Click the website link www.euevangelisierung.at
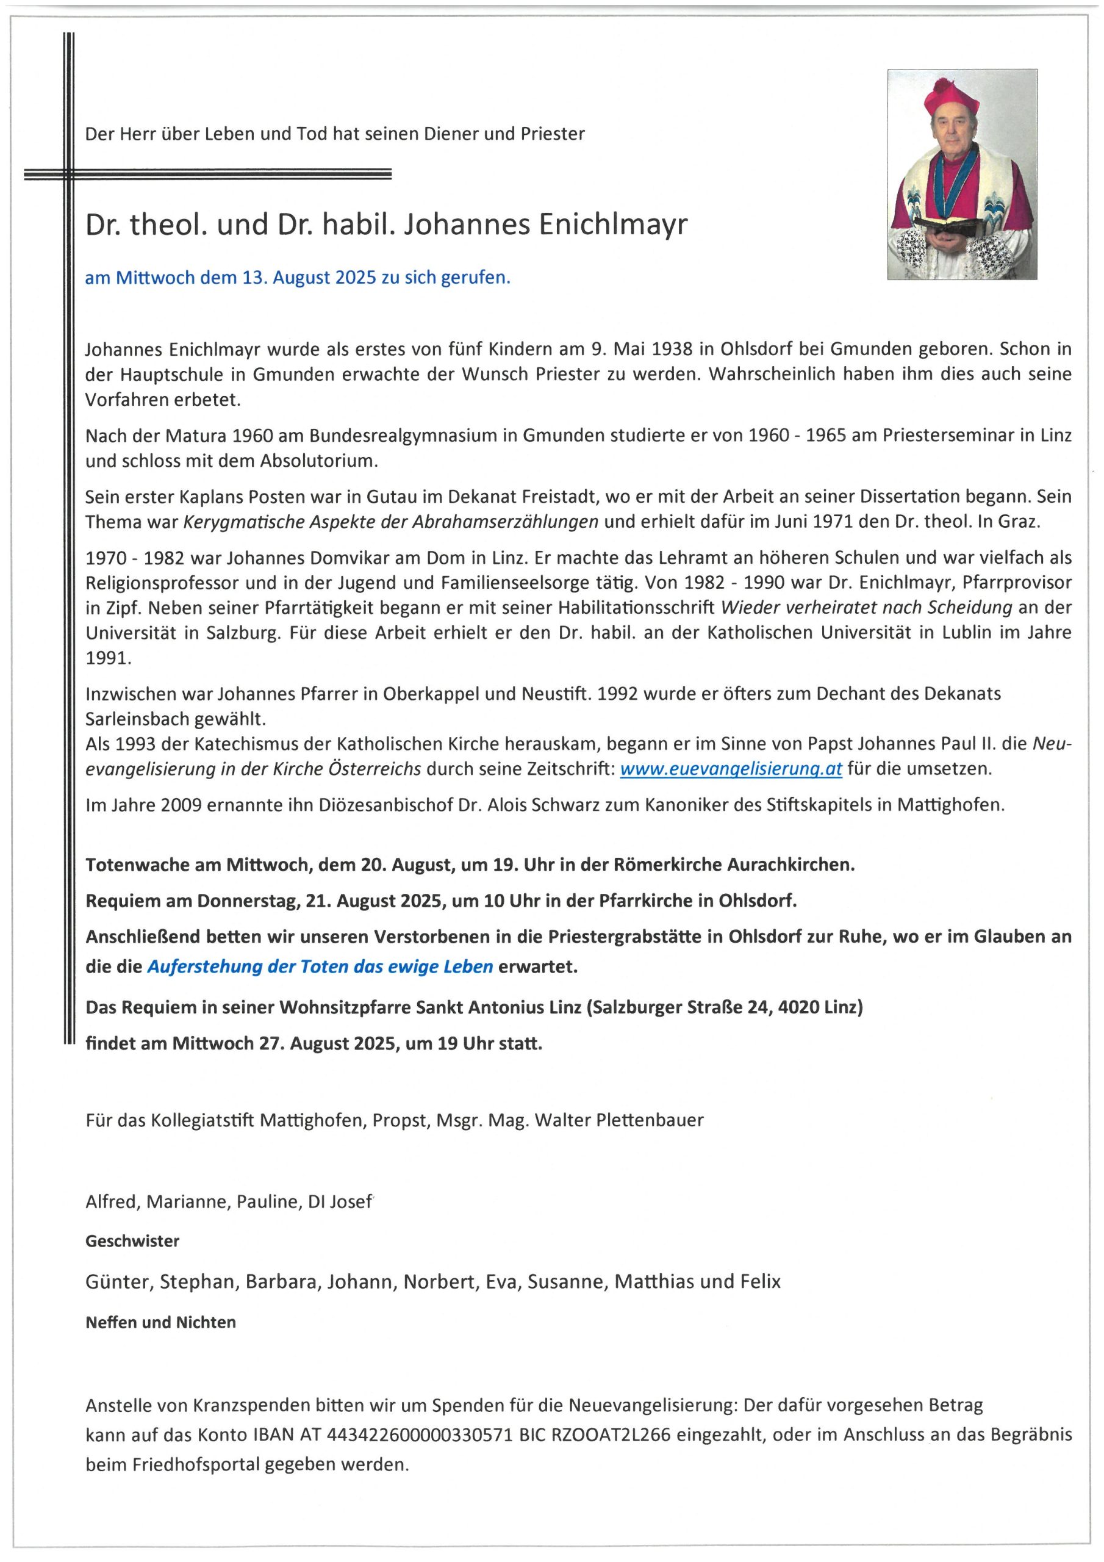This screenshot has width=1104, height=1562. tap(731, 769)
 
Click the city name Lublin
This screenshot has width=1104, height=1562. tap(961, 633)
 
